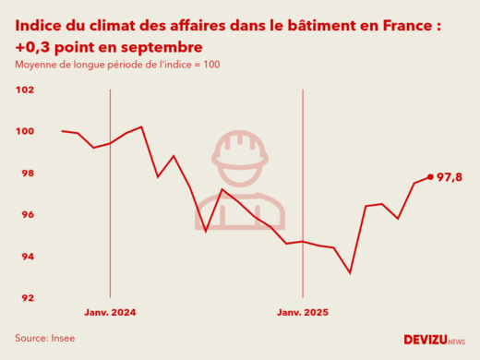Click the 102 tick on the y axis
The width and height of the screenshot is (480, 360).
pyautogui.click(x=25, y=90)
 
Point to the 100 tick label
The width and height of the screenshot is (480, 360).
pyautogui.click(x=25, y=132)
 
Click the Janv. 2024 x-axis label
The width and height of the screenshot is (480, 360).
pyautogui.click(x=110, y=313)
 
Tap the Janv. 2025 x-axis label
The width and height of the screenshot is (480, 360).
pyautogui.click(x=303, y=313)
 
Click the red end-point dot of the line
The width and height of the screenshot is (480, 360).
pyautogui.click(x=430, y=177)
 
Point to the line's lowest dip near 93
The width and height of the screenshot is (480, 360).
pyautogui.click(x=350, y=272)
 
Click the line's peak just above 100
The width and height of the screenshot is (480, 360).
pyautogui.click(x=141, y=126)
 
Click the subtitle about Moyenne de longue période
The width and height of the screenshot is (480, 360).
pyautogui.click(x=116, y=65)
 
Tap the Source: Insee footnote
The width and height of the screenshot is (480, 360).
pyautogui.click(x=44, y=338)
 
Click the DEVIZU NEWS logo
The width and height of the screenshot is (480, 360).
pyautogui.click(x=434, y=340)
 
